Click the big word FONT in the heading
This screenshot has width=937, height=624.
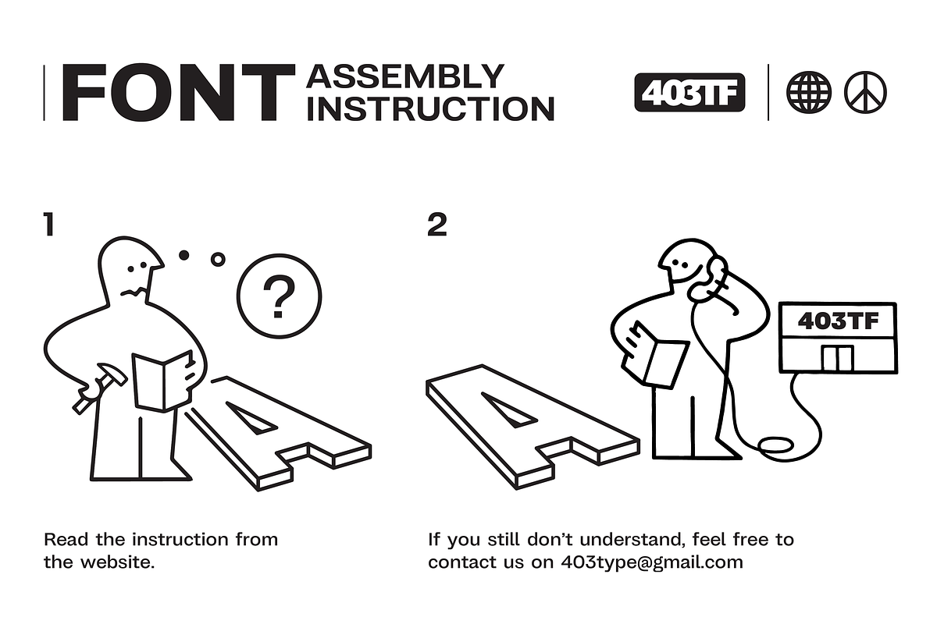pyautogui.click(x=179, y=92)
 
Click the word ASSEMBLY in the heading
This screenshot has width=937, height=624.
pyautogui.click(x=405, y=76)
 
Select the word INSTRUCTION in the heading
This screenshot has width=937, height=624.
pyautogui.click(x=431, y=108)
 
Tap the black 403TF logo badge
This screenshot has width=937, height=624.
pyautogui.click(x=689, y=92)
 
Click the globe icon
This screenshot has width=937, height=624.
pyautogui.click(x=809, y=92)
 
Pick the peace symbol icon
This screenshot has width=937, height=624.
pyautogui.click(x=865, y=92)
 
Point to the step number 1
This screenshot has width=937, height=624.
pyautogui.click(x=49, y=225)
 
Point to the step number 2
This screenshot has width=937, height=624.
pyautogui.click(x=437, y=225)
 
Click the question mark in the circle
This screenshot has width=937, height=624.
pyautogui.click(x=279, y=296)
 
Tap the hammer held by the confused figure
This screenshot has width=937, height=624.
pyautogui.click(x=101, y=388)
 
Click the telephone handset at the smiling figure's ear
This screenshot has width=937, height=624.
pyautogui.click(x=707, y=279)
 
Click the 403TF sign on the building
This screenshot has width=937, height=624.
pyautogui.click(x=838, y=321)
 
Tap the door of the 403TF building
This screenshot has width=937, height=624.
pyautogui.click(x=837, y=359)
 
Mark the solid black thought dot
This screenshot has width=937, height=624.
pyautogui.click(x=183, y=255)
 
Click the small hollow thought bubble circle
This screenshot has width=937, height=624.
pyautogui.click(x=218, y=260)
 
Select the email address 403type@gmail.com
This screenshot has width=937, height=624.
pyautogui.click(x=652, y=562)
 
